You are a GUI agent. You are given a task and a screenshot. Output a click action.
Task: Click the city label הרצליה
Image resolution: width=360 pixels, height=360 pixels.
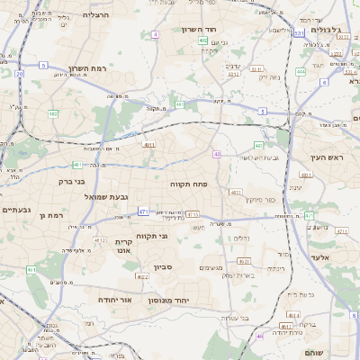click(95, 15)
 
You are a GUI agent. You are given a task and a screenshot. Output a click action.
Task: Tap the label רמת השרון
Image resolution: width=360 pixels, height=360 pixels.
click(87, 68)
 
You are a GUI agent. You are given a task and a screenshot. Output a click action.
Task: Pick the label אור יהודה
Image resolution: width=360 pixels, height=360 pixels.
click(114, 299)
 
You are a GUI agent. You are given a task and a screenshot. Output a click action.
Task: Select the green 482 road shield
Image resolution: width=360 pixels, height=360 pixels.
click(53, 113)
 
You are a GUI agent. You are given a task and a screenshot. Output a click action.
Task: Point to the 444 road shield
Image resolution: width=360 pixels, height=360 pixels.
click(301, 71)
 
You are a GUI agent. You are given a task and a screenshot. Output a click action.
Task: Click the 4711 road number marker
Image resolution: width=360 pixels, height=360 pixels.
click(308, 216)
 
